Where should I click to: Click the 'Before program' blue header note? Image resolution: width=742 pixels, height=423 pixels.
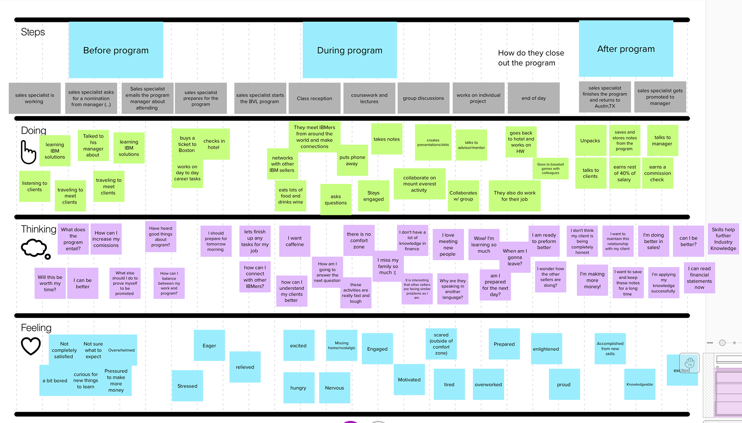[x=116, y=50]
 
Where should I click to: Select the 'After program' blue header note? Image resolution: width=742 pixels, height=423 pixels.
[x=626, y=49]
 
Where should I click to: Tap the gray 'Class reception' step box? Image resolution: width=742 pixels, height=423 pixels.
[x=314, y=98]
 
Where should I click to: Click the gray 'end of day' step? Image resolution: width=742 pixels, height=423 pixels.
[x=533, y=98]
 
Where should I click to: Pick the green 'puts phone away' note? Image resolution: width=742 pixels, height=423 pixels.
[x=352, y=161]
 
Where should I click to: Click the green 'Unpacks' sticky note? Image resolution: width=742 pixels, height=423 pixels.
[x=590, y=141]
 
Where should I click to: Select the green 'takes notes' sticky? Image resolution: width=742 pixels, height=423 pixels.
[x=386, y=139]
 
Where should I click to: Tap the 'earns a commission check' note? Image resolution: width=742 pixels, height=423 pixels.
[x=657, y=173]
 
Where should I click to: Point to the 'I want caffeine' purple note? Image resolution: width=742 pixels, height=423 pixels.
[x=294, y=241]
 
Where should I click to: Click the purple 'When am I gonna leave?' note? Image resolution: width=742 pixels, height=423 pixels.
[x=515, y=257]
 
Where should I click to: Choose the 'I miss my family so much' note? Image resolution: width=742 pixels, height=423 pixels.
[x=388, y=266]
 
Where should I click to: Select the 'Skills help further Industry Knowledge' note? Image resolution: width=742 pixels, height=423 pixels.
[x=723, y=239]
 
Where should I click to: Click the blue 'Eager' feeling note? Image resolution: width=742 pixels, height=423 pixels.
[x=209, y=346]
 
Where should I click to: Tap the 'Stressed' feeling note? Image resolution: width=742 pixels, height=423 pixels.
[x=187, y=386]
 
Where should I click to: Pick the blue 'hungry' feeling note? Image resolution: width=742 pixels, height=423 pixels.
[x=298, y=388]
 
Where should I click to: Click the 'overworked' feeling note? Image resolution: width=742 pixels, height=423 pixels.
[x=488, y=384]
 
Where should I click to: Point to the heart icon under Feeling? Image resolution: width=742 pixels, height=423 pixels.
[x=31, y=346]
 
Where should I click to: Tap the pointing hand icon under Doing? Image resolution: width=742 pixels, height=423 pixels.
[x=28, y=152]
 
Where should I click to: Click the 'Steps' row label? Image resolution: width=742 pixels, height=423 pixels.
[x=33, y=32]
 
